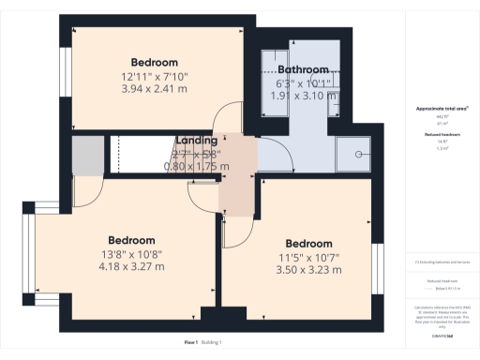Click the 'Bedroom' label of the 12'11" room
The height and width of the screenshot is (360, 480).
tap(155, 62)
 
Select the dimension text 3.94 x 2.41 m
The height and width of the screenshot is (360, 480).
tap(155, 89)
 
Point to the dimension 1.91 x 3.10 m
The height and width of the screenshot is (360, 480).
tap(302, 96)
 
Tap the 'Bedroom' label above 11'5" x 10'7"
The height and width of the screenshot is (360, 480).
tap(308, 244)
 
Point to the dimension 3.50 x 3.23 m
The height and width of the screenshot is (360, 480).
tap(308, 270)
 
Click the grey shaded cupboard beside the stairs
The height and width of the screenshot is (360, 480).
tap(87, 154)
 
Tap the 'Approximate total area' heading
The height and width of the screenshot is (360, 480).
tap(442, 109)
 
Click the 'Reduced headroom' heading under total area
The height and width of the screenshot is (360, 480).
tap(442, 135)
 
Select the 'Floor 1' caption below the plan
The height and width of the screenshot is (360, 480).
tap(191, 343)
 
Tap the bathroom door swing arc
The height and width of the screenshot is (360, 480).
tap(272, 150)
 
